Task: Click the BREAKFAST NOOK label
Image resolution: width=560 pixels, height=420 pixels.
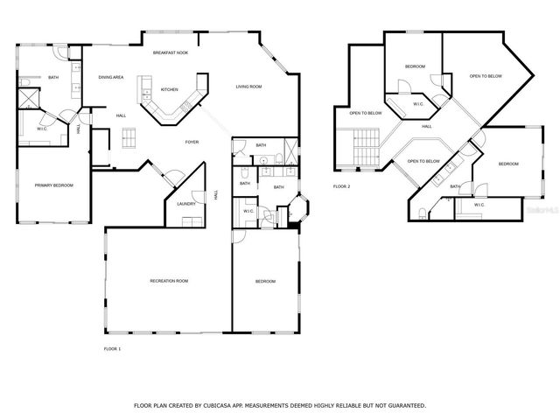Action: click(x=170, y=53)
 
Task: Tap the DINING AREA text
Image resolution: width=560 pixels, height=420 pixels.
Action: click(x=110, y=77)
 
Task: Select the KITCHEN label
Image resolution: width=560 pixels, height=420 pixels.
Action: click(x=169, y=88)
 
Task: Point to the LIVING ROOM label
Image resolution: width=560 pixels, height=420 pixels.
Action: click(x=249, y=86)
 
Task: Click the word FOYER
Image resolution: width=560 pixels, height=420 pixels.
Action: click(x=192, y=142)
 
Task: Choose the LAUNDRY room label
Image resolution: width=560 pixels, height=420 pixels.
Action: click(x=185, y=204)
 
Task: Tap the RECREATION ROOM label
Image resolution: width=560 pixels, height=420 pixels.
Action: click(x=169, y=281)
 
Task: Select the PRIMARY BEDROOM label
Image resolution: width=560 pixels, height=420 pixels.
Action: click(x=53, y=185)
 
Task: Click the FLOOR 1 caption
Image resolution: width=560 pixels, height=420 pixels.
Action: click(x=112, y=349)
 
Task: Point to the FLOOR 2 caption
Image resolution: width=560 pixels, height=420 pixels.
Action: click(x=341, y=186)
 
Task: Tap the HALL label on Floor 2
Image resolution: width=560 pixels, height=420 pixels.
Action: click(x=426, y=126)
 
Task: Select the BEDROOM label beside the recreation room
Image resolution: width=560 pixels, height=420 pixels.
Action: click(x=265, y=281)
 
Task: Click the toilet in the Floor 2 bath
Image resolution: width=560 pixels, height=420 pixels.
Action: click(x=422, y=213)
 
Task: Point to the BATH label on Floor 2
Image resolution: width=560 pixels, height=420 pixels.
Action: click(x=455, y=186)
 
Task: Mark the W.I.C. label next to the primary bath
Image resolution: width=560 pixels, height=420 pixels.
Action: click(x=41, y=129)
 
